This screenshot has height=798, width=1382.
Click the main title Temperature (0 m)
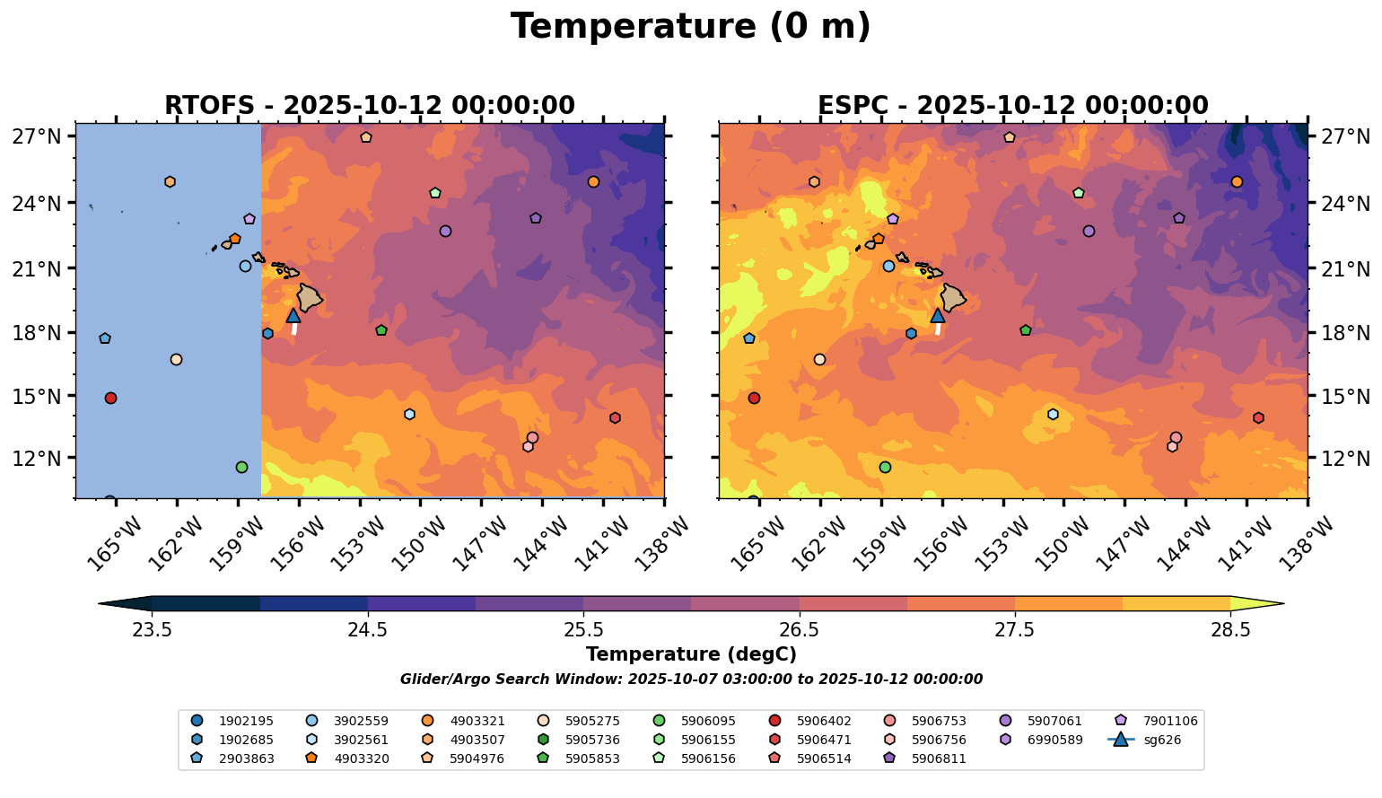[x=690, y=27]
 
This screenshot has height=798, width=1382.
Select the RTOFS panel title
[x=369, y=106]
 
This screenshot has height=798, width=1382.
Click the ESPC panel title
[x=1012, y=106]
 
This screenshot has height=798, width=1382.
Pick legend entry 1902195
[x=234, y=721]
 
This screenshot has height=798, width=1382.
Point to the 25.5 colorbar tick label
[x=583, y=629]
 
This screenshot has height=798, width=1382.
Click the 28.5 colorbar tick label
[x=1230, y=629]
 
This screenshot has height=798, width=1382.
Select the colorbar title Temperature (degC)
[x=690, y=655]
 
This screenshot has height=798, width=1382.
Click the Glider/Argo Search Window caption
[x=690, y=680]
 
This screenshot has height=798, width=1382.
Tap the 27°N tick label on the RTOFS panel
[x=38, y=137]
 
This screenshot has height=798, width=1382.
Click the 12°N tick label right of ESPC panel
[x=1344, y=459]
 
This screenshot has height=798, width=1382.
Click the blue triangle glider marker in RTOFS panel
[x=293, y=315]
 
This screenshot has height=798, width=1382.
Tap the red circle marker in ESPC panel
[x=754, y=398]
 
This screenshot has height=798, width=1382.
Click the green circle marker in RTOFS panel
[x=241, y=467]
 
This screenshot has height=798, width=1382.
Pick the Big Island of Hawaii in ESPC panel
[x=952, y=297]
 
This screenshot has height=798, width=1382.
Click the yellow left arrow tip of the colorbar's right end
[x=1261, y=604]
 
